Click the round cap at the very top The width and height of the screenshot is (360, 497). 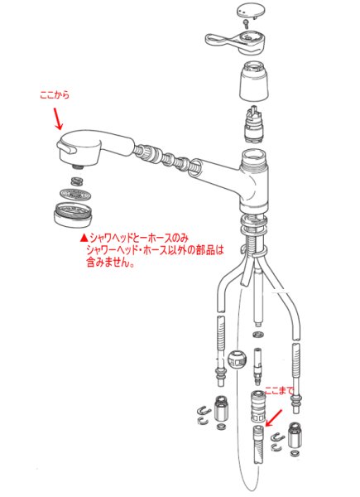247,10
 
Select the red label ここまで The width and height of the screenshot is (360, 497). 278,389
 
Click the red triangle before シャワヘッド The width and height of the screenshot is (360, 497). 84,237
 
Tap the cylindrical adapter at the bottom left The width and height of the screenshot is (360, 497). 220,409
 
